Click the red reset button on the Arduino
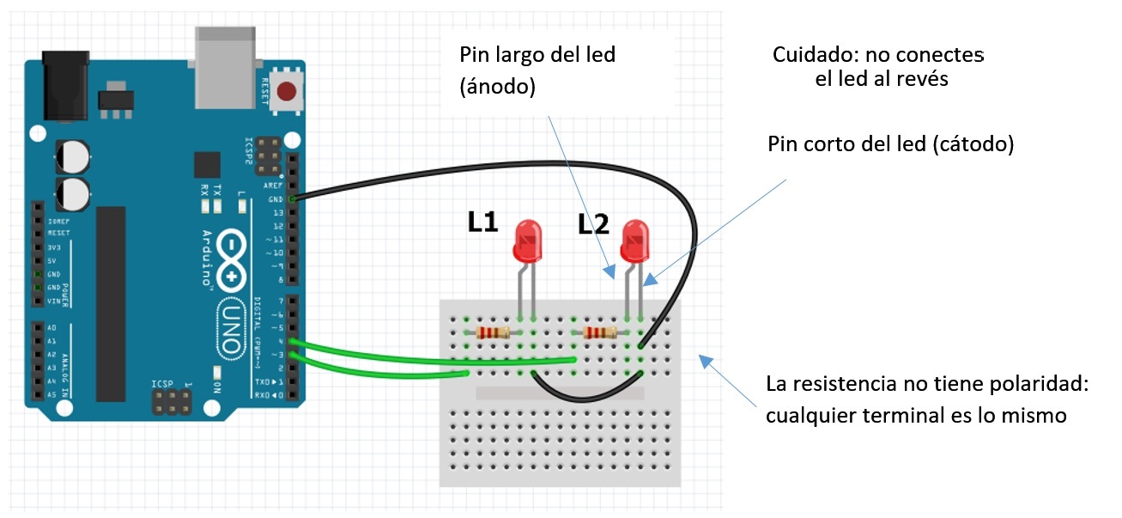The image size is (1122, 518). click(290, 90)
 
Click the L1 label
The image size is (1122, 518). click(483, 223)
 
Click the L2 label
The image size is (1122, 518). click(593, 225)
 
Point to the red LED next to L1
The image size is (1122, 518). click(527, 241)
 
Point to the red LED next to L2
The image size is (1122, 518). click(635, 241)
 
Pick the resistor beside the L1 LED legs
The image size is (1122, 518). click(493, 332)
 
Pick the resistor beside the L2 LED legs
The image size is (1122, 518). click(600, 332)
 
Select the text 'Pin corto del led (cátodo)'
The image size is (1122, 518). click(890, 144)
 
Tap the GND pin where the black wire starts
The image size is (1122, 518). click(294, 199)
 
